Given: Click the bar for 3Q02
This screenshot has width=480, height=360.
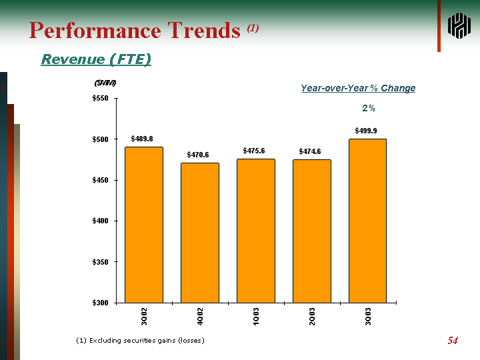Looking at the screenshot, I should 144,225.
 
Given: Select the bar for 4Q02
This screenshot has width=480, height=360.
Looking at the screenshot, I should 200,233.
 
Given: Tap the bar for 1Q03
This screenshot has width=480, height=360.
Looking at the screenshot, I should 256,231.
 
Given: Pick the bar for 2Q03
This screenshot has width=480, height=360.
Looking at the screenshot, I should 312,231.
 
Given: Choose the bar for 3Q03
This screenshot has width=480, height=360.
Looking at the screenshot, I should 367,221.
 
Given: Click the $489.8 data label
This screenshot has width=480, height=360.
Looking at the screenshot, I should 142,139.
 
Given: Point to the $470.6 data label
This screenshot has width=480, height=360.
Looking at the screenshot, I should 198,155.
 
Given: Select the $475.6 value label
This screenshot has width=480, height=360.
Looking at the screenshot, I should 254,151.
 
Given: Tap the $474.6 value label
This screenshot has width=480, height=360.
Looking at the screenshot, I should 310,151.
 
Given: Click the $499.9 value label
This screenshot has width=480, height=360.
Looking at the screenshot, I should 366,130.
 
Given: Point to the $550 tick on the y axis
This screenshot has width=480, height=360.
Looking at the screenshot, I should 101,99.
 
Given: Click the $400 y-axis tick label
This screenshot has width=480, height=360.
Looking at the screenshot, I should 101,221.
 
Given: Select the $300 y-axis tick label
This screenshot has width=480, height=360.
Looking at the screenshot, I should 101,303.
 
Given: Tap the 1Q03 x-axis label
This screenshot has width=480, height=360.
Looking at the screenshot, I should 256,317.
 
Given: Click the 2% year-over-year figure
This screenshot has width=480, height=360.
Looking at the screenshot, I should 368,107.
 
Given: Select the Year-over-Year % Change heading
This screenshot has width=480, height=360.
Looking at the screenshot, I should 358,88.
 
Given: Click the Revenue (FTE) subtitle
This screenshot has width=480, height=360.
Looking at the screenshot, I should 96,59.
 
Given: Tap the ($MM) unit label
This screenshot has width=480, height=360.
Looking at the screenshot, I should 105,83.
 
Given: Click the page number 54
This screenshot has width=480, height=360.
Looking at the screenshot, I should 453,341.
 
